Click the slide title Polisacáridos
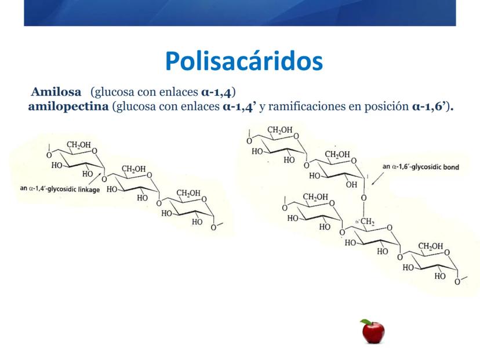click(244, 61)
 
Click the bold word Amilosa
click(56, 92)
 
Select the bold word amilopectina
click(68, 107)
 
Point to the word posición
click(387, 107)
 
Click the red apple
click(373, 332)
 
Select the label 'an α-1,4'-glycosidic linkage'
click(60, 189)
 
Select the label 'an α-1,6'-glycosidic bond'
click(421, 167)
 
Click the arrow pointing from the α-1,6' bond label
click(377, 179)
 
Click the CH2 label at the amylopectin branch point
click(367, 221)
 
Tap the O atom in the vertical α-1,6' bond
click(363, 198)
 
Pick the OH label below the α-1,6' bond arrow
click(351, 184)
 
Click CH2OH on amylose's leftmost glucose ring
click(79, 144)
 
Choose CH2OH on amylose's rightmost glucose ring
click(188, 193)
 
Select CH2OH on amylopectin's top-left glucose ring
click(280, 130)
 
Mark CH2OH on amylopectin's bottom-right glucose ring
click(430, 246)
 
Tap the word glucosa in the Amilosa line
click(114, 92)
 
